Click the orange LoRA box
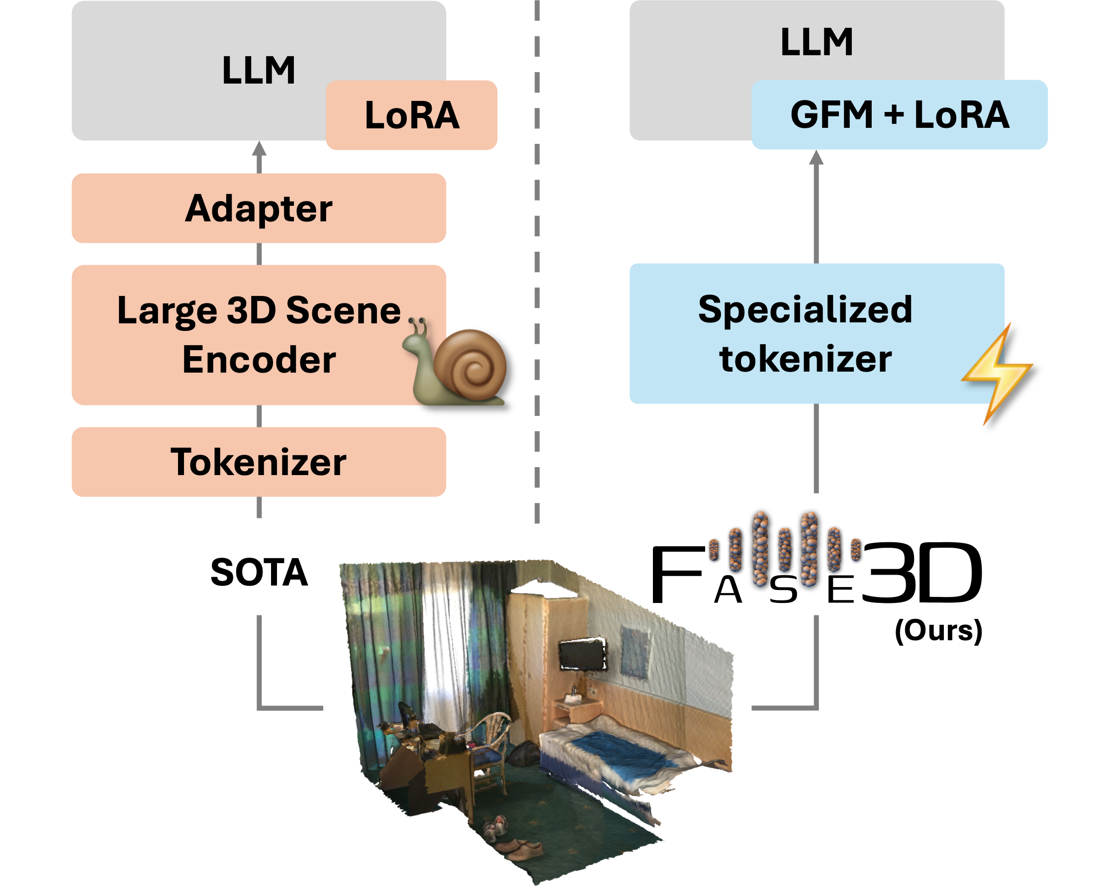(x=411, y=115)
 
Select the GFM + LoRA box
(x=899, y=114)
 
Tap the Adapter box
(x=259, y=208)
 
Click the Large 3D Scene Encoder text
(x=259, y=334)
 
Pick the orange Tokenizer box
(x=259, y=462)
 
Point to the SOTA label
(x=259, y=573)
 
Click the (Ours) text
(x=938, y=630)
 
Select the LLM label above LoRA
(x=259, y=70)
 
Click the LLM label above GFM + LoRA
(x=817, y=42)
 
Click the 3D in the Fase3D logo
(x=921, y=574)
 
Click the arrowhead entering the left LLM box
(x=259, y=149)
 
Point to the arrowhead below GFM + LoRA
(x=816, y=158)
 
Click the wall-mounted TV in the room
(x=582, y=655)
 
